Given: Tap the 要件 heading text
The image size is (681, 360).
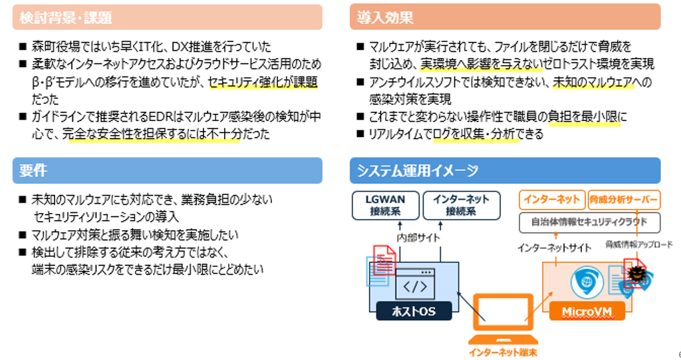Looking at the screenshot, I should click(33, 170).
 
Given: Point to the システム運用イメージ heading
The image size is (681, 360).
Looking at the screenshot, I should click(417, 170).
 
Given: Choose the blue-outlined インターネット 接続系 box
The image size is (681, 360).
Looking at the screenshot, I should click(461, 205).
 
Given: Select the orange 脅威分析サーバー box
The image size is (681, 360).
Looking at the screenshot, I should click(624, 199).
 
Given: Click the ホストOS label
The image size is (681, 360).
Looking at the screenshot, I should click(414, 311).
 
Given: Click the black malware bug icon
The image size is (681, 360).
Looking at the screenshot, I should click(636, 273).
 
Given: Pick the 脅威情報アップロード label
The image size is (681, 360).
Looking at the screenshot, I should click(638, 244).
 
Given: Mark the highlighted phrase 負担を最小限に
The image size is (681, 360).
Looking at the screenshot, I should click(587, 116).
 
